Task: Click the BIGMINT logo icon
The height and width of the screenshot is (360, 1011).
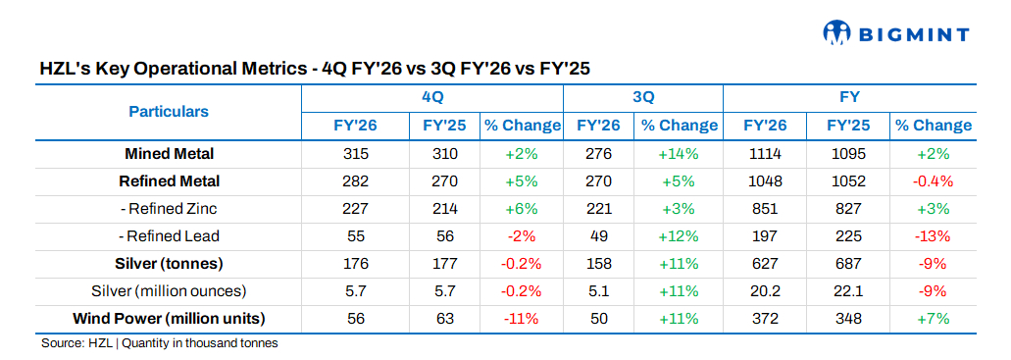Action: pyautogui.click(x=838, y=33)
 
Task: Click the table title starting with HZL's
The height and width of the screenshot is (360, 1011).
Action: pyautogui.click(x=315, y=69)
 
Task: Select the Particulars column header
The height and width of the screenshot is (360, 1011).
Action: pyautogui.click(x=169, y=112)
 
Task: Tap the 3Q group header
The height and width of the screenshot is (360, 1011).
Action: pyautogui.click(x=643, y=97)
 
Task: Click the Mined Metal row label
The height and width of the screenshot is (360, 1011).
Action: pyautogui.click(x=169, y=154)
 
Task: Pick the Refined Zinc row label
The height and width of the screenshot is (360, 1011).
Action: pyautogui.click(x=169, y=209)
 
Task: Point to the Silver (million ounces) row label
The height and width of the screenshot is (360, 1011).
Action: pyautogui.click(x=169, y=291)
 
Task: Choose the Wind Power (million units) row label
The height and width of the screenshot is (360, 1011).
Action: pyautogui.click(x=169, y=319)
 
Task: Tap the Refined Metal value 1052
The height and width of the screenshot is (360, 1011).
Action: pyautogui.click(x=848, y=181)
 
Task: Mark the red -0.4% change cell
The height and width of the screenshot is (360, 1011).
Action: pyautogui.click(x=933, y=181)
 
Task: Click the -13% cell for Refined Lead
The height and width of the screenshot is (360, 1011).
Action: pyautogui.click(x=933, y=236)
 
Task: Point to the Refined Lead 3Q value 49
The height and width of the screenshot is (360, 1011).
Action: pyautogui.click(x=598, y=236)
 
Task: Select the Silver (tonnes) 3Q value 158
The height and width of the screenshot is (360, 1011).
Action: pyautogui.click(x=598, y=264)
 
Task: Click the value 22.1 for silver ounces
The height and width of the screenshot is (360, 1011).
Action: pyautogui.click(x=848, y=291)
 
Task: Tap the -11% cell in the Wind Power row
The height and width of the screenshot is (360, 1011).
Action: pyautogui.click(x=522, y=319)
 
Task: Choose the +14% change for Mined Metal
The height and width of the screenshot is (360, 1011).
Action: pyautogui.click(x=679, y=154)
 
